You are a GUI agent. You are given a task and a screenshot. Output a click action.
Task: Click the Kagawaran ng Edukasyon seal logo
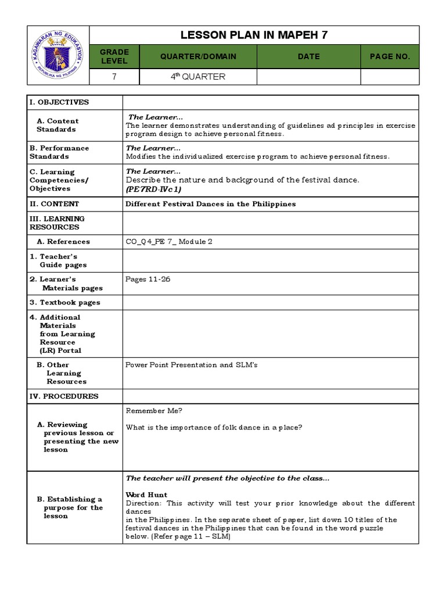(58, 55)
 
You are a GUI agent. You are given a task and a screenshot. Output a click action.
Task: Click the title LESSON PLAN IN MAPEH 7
(254, 35)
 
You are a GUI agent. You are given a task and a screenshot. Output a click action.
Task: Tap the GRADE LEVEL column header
(114, 56)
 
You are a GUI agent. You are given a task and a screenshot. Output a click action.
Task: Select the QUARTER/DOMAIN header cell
(198, 56)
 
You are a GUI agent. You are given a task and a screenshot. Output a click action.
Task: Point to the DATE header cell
(308, 56)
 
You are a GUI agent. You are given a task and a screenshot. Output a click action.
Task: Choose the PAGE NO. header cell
(390, 56)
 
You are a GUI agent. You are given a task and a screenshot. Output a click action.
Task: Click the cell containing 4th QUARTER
(198, 77)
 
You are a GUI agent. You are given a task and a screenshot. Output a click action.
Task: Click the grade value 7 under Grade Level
(114, 77)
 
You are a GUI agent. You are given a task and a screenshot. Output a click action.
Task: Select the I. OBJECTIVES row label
(59, 102)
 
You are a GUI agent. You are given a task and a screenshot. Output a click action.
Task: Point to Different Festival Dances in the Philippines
(211, 204)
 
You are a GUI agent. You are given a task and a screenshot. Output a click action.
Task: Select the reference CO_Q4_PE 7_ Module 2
(173, 242)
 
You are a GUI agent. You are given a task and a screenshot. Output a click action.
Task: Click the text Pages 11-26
(148, 279)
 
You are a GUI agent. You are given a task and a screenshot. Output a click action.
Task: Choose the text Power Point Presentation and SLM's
(192, 365)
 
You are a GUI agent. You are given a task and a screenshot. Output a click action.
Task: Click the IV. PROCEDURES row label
(64, 396)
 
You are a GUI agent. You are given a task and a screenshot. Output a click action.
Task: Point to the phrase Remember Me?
(154, 411)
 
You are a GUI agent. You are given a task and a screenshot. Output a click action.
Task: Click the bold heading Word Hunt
(146, 495)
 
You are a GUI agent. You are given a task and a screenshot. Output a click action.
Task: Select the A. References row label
(63, 242)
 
